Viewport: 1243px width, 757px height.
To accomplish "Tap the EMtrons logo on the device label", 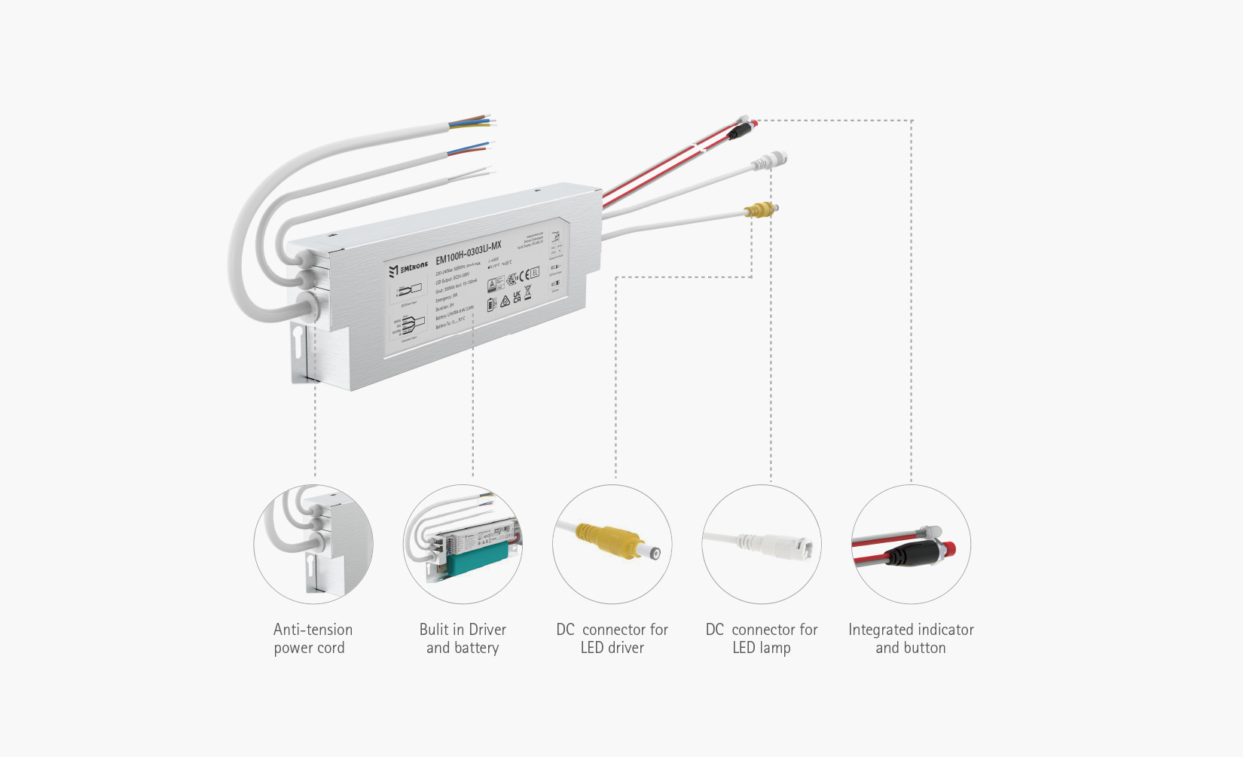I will [408, 268].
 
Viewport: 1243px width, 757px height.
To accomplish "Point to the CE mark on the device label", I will [524, 275].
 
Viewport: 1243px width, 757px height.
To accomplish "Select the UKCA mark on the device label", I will [517, 297].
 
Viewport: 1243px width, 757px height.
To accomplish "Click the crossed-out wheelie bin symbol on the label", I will [527, 292].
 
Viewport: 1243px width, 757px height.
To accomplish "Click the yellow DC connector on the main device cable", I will [759, 211].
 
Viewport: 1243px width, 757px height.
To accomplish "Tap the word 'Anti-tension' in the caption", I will [313, 630].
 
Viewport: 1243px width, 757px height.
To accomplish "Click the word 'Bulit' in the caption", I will [434, 630].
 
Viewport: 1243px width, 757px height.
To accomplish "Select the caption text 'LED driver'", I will [612, 648].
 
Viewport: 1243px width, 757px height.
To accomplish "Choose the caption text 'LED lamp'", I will [761, 648].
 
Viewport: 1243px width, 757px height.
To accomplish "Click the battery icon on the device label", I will [491, 304].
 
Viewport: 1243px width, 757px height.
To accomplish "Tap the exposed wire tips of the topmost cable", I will [487, 120].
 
